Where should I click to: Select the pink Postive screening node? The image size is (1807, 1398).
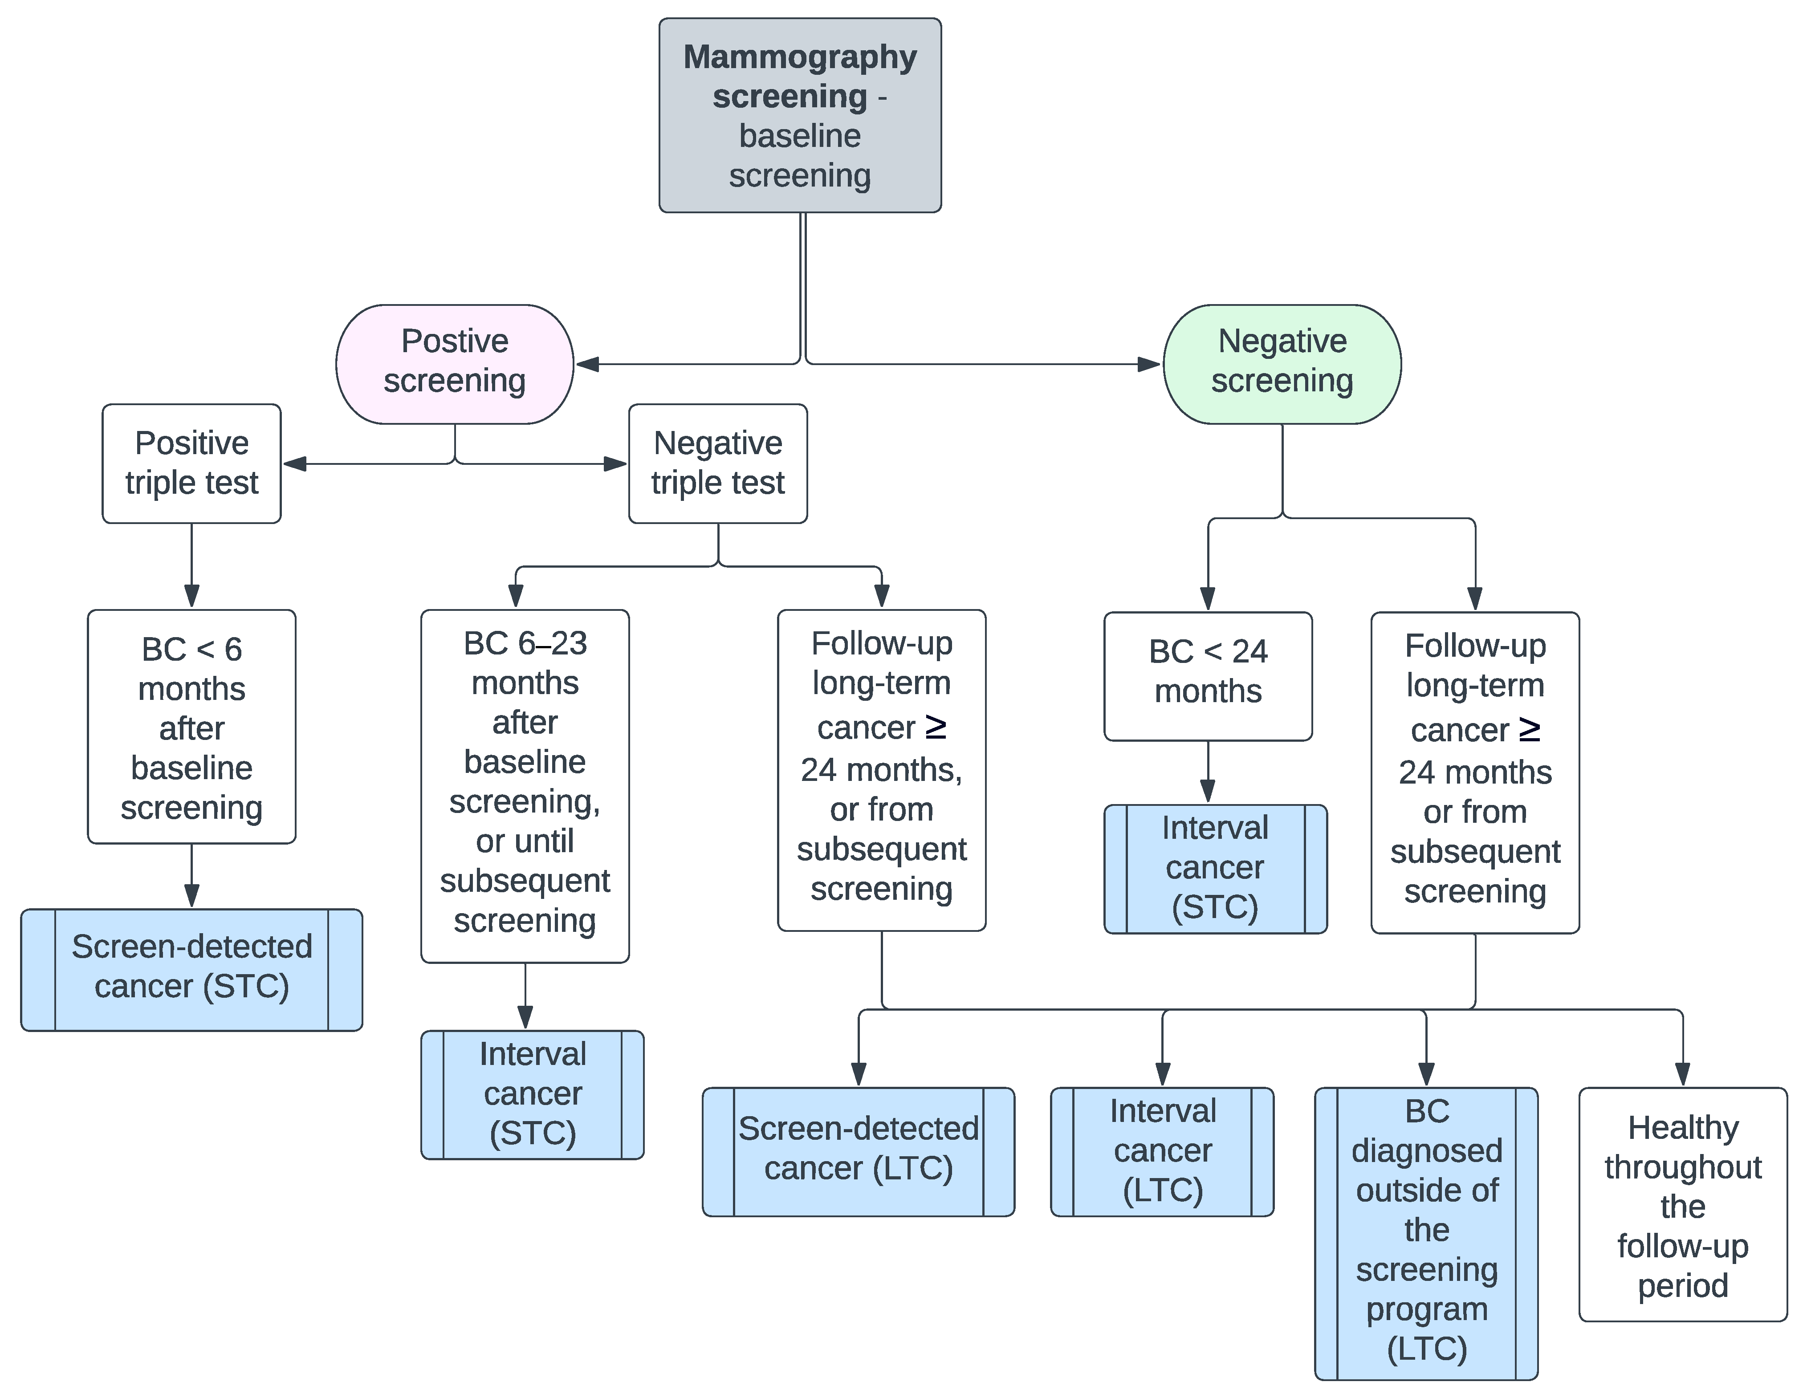point(454,364)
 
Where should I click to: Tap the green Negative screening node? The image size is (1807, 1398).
point(1282,364)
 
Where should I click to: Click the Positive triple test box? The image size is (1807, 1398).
point(191,463)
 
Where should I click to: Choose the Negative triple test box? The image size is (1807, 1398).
point(717,463)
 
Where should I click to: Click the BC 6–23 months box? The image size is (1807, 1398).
point(525,786)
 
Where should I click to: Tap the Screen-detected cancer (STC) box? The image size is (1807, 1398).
point(191,970)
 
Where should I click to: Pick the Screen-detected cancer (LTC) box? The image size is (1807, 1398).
point(858,1151)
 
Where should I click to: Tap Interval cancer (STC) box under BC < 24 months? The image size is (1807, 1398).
point(1215,869)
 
